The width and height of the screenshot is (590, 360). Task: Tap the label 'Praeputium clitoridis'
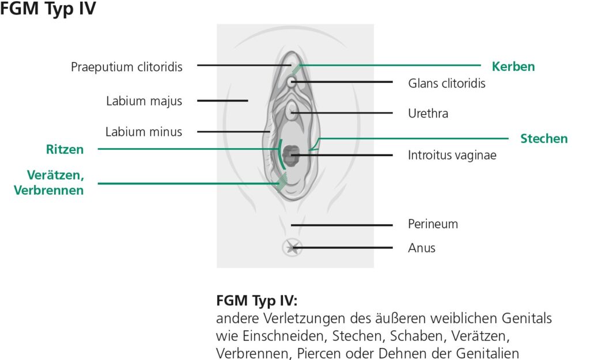(126, 67)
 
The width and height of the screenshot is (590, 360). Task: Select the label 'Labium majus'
(143, 101)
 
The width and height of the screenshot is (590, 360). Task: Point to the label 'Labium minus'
(143, 132)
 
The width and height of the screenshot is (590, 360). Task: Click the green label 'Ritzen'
(65, 150)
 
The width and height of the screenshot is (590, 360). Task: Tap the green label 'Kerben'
(513, 66)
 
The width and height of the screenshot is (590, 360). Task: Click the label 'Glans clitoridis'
(447, 84)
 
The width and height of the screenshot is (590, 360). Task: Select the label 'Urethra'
(428, 113)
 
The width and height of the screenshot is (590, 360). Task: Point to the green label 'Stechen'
(544, 139)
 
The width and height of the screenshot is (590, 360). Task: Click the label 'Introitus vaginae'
(452, 155)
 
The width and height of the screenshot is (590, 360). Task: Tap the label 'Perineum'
(433, 223)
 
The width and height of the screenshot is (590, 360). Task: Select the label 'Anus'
(422, 248)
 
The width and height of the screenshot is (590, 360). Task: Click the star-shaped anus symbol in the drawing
(292, 248)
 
